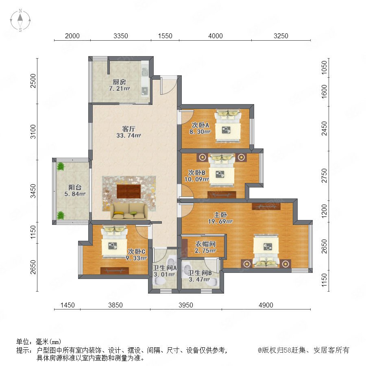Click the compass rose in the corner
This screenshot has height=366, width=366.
tap(20, 20)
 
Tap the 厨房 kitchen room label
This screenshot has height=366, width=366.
tap(119, 85)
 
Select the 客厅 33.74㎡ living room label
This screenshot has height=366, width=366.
tap(129, 132)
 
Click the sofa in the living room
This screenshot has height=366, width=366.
tap(129, 211)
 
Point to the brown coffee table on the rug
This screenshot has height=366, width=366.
tap(129, 192)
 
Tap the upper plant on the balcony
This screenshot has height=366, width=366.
tap(61, 166)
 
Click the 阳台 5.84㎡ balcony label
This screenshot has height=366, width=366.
tap(75, 190)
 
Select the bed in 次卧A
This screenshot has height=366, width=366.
tap(228, 126)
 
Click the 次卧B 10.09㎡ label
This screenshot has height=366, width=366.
tap(196, 176)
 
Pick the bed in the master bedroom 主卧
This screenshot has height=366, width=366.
tap(266, 251)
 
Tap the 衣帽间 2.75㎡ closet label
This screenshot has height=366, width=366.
tap(205, 247)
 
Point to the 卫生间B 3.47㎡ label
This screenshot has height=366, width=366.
tap(200, 276)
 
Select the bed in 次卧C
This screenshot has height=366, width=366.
tap(114, 242)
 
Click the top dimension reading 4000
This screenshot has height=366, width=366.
tap(215, 36)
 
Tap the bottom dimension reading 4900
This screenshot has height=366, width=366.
tap(266, 305)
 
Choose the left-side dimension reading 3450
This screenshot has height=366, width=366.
tap(34, 191)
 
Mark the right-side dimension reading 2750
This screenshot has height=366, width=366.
tap(324, 176)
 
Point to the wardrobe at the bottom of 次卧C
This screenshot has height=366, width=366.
tap(115, 270)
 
